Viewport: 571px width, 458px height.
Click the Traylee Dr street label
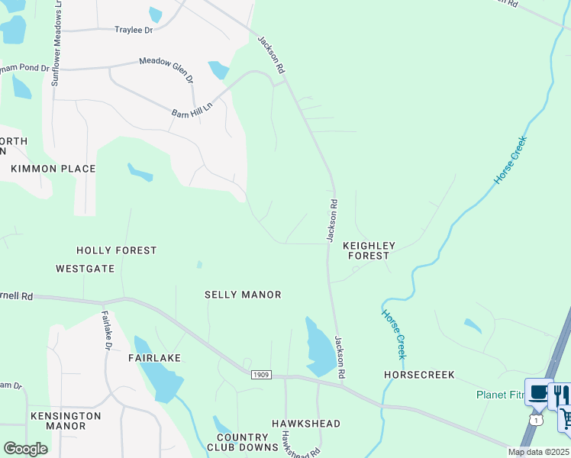click(134, 30)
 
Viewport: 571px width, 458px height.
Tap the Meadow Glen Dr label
click(166, 68)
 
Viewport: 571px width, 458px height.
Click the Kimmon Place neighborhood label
click(53, 169)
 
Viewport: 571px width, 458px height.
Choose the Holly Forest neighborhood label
click(117, 250)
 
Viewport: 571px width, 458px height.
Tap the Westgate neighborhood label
click(85, 269)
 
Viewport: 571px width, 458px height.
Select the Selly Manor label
click(243, 295)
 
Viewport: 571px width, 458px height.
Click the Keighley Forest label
click(369, 250)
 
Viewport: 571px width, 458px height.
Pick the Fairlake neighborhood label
click(154, 358)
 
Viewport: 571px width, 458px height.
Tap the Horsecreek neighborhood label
click(419, 375)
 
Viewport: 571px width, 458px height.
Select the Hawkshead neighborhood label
click(306, 424)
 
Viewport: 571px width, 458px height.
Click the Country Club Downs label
click(237, 443)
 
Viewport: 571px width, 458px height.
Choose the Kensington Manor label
click(66, 421)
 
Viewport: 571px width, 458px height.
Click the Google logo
click(25, 449)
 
